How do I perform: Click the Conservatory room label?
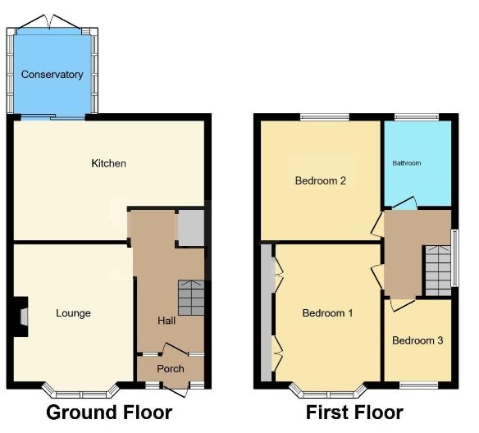(52, 75)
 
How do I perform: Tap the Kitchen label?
(109, 163)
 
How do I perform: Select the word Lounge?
(73, 313)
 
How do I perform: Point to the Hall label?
(167, 321)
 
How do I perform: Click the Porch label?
(171, 369)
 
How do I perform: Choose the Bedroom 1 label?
(327, 313)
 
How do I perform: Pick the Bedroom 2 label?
(321, 180)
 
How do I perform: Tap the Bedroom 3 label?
(417, 340)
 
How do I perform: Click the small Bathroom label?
(407, 163)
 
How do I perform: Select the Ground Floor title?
(109, 412)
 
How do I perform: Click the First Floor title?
(354, 412)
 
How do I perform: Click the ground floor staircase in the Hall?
(191, 298)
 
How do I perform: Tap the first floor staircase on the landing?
(438, 271)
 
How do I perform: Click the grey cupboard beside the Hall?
(191, 228)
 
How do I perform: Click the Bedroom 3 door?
(403, 305)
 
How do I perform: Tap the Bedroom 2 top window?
(325, 117)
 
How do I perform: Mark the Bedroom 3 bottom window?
(419, 385)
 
